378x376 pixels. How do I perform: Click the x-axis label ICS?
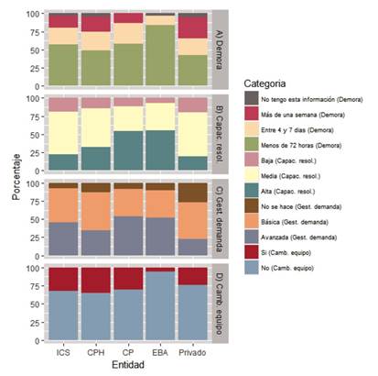[x=62, y=350]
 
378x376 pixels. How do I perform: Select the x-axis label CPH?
[x=95, y=350]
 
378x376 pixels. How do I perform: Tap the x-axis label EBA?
[x=161, y=350]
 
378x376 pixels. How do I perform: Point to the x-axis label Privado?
[x=193, y=350]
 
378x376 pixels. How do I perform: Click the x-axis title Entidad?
[x=127, y=365]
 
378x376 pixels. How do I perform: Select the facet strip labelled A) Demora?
[x=219, y=50]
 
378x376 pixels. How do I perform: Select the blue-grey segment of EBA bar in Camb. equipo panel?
[x=161, y=307]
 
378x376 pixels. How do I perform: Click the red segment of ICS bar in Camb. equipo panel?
[x=62, y=279]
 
